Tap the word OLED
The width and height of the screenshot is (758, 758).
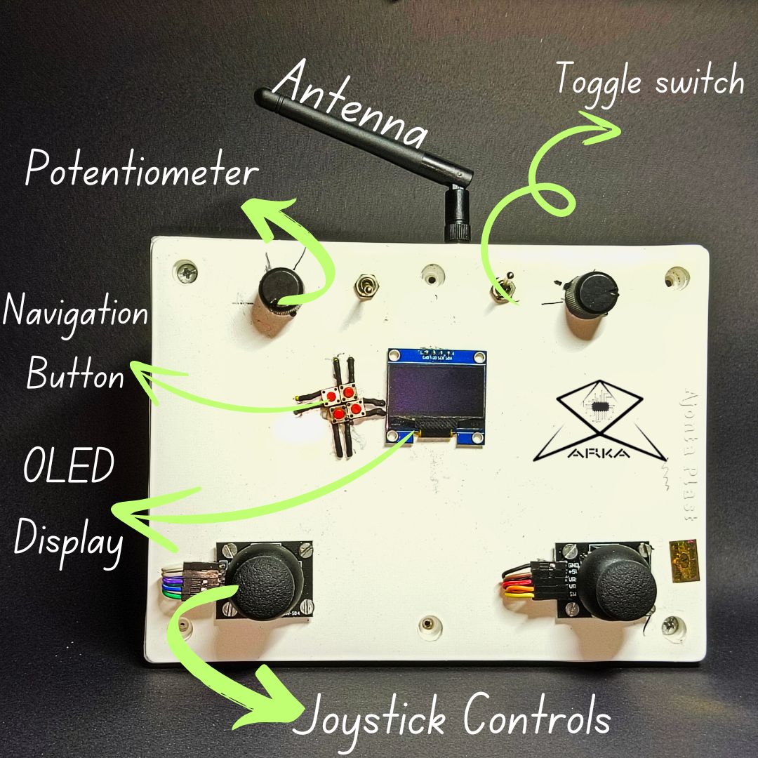[68, 467]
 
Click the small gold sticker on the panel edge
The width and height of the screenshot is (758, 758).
[685, 560]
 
